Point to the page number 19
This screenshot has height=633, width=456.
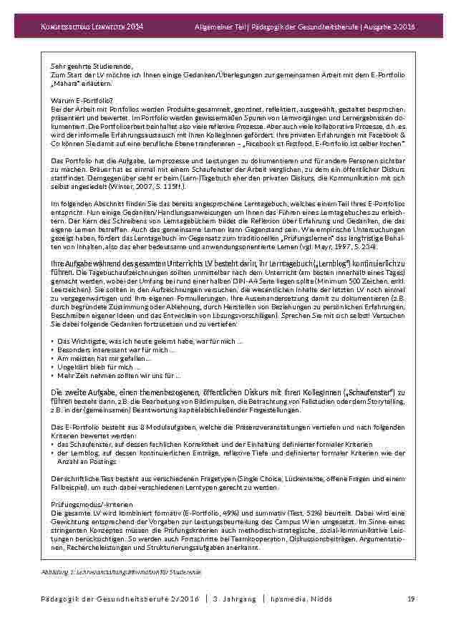pyautogui.click(x=411, y=599)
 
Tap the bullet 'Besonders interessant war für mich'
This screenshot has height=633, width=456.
pyautogui.click(x=116, y=349)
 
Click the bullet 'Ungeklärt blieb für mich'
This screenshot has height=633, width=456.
pyautogui.click(x=98, y=367)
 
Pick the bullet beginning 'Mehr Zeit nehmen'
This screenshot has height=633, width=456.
pyautogui.click(x=119, y=375)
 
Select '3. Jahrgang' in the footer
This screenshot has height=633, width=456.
pyautogui.click(x=234, y=599)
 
